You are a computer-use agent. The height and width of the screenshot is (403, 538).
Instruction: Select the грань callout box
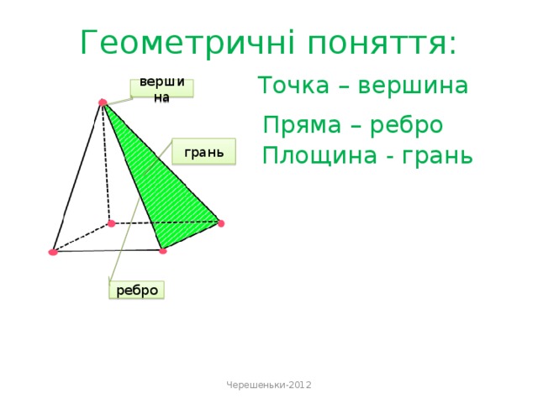pos(203,152)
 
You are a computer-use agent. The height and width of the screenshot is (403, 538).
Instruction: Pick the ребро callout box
pos(137,290)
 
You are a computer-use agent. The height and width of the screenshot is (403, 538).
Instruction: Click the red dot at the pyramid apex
pos(102,103)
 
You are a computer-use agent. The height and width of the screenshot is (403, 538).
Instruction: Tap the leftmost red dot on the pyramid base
pos(53,252)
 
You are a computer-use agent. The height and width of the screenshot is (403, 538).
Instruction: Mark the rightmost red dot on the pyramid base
pos(220,222)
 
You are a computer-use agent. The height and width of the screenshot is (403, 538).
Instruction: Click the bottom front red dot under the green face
pos(162,250)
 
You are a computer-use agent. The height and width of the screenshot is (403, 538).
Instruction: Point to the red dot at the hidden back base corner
pos(111,223)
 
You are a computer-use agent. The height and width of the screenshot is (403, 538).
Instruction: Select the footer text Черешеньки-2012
pos(269,384)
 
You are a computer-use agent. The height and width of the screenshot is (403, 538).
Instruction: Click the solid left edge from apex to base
pos(77,176)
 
